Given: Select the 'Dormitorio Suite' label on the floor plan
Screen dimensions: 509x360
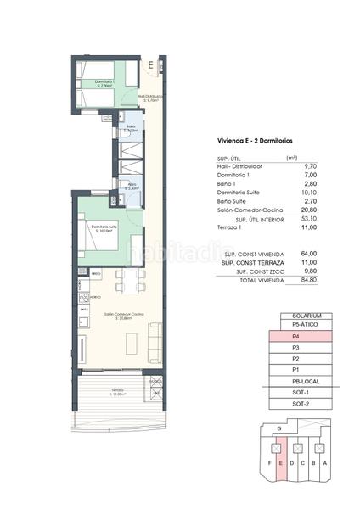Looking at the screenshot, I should click(103, 227).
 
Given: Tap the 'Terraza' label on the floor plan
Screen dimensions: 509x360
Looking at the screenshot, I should click(116, 391).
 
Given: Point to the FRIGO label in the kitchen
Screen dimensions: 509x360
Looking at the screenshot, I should click(96, 274).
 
